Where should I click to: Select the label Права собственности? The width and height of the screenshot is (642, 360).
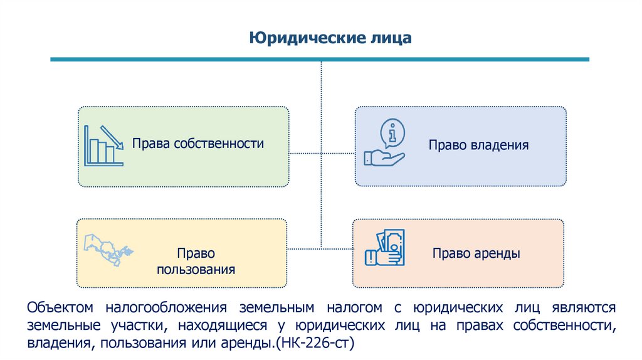click(197, 144)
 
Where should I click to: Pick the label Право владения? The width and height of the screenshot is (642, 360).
click(478, 145)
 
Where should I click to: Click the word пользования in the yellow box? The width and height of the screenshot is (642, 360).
click(196, 270)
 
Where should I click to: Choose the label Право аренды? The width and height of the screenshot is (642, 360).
click(476, 254)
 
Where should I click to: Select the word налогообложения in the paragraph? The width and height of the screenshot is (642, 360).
click(165, 308)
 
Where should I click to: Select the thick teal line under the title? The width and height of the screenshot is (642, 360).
click(320, 60)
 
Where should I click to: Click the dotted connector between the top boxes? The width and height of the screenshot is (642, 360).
click(322, 152)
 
